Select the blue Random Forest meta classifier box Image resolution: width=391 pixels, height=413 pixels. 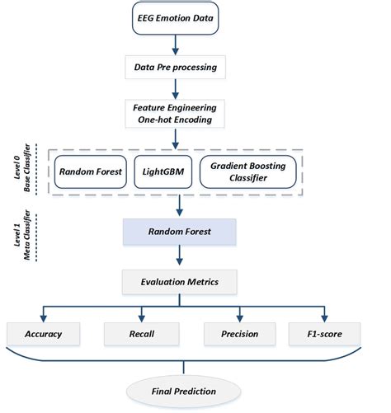point(178,232)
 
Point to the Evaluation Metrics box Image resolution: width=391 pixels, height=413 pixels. point(178,282)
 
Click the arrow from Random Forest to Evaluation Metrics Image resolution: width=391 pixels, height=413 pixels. point(178,257)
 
